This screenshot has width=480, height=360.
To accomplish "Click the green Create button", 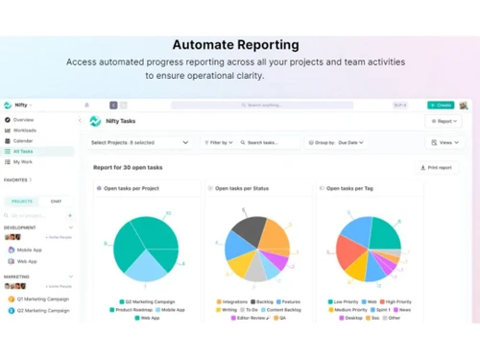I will click(x=441, y=106).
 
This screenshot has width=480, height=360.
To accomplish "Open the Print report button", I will click(x=437, y=167).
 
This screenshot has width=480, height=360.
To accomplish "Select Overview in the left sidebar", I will click(x=23, y=120).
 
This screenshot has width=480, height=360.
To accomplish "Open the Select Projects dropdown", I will click(x=140, y=143).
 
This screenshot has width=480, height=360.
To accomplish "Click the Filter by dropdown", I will click(x=219, y=143).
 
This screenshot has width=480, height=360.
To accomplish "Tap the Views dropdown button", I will click(x=444, y=143).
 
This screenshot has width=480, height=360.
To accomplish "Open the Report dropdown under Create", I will click(x=444, y=122).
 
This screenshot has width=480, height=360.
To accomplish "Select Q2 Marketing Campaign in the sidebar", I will click(x=44, y=299).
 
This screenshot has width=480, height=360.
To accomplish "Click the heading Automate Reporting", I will click(x=235, y=44).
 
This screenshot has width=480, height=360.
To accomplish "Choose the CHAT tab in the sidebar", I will click(x=56, y=202).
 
